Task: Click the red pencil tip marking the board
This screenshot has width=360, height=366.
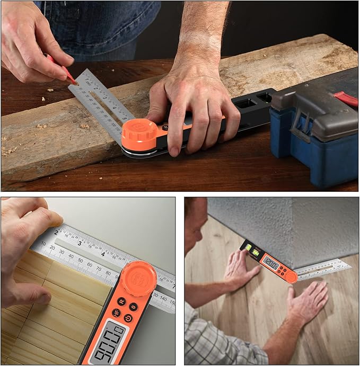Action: tap(74, 81)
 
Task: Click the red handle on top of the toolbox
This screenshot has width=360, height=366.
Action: tap(346, 99)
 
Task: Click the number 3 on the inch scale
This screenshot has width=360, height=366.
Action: tap(79, 244)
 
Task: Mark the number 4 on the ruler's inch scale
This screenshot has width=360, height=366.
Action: tap(103, 253)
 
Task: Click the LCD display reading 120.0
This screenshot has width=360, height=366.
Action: tap(271, 263)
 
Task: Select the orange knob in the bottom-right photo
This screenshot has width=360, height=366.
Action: tap(291, 277)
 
